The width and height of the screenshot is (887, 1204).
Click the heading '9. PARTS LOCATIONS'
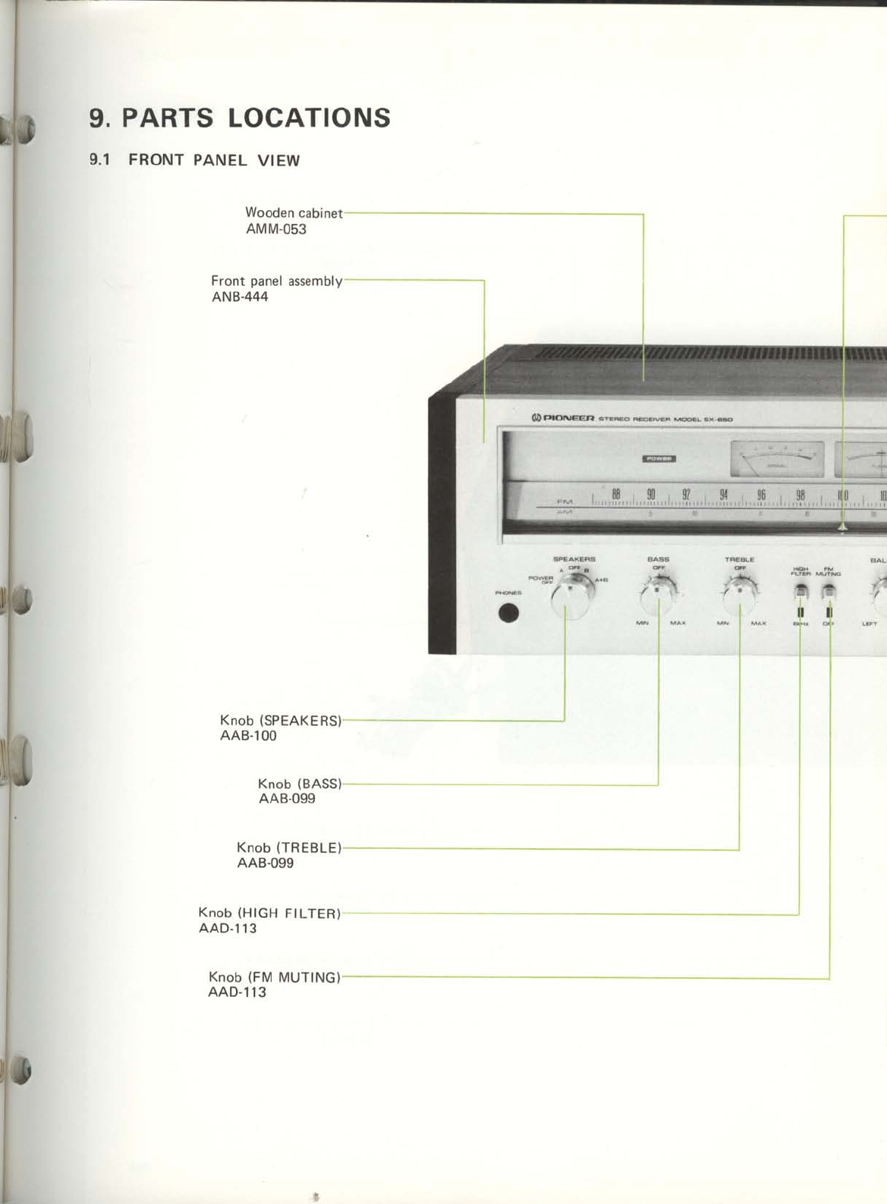[x=240, y=118]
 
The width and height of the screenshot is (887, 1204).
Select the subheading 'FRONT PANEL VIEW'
[x=214, y=160]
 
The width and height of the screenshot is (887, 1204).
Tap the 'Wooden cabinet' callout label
[x=294, y=213]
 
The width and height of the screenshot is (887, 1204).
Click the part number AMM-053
[x=276, y=229]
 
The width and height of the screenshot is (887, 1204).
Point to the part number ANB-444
[x=240, y=297]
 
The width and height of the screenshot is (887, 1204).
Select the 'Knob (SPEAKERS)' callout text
[x=281, y=720]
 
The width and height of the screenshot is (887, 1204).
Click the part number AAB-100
[x=248, y=736]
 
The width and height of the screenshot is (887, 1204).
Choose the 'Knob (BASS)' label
[x=300, y=784]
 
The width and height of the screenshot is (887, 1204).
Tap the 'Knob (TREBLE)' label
[x=289, y=847]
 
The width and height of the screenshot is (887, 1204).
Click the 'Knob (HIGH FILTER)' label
[x=269, y=913]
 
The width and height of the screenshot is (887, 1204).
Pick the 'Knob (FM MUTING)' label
[x=274, y=977]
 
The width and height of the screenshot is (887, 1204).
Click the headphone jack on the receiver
[x=509, y=613]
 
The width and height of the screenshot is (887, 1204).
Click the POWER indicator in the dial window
[x=660, y=458]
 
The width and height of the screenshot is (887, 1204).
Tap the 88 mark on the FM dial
[x=616, y=494]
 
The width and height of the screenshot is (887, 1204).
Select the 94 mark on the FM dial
[x=724, y=494]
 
